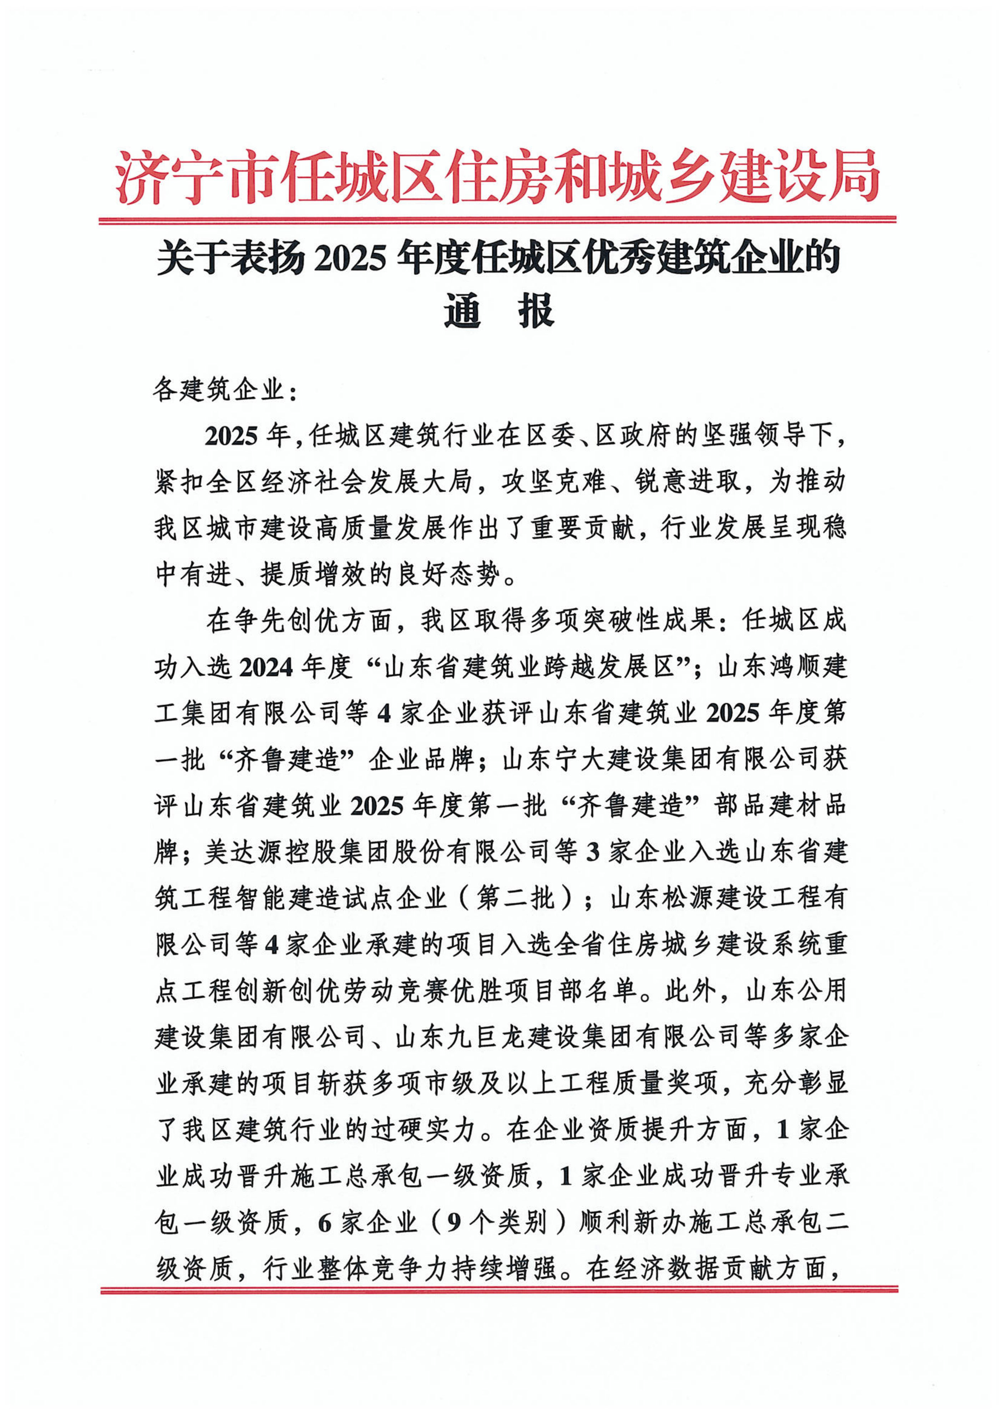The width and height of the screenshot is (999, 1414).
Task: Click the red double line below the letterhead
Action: (497, 220)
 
